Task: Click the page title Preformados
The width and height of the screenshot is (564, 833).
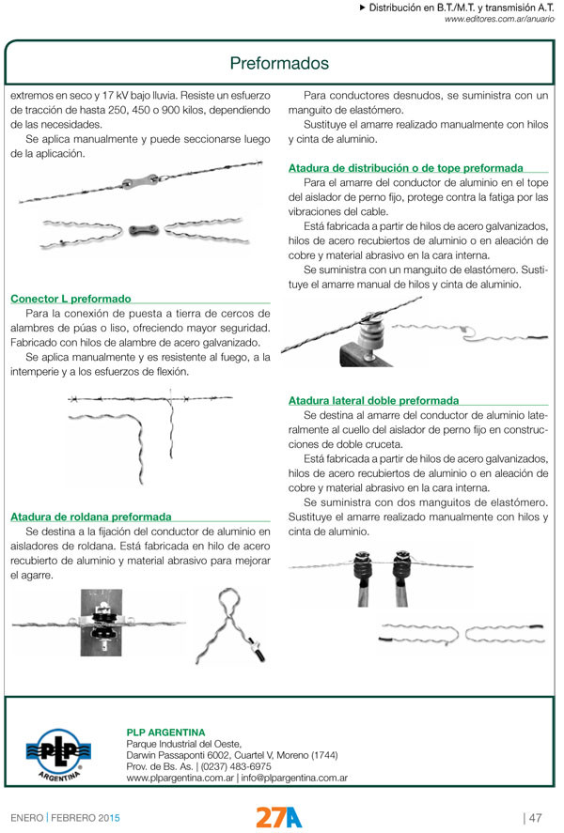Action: click(x=279, y=64)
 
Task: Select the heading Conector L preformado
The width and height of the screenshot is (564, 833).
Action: click(x=70, y=298)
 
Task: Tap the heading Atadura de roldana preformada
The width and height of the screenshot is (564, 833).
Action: click(x=90, y=517)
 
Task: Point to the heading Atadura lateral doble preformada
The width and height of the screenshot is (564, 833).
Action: click(x=373, y=400)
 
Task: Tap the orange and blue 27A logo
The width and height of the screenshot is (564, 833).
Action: click(x=279, y=816)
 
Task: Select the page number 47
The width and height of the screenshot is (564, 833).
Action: click(x=535, y=816)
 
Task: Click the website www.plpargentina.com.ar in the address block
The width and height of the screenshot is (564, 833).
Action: click(x=180, y=779)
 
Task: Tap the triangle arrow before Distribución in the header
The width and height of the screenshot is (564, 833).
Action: click(x=363, y=8)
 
